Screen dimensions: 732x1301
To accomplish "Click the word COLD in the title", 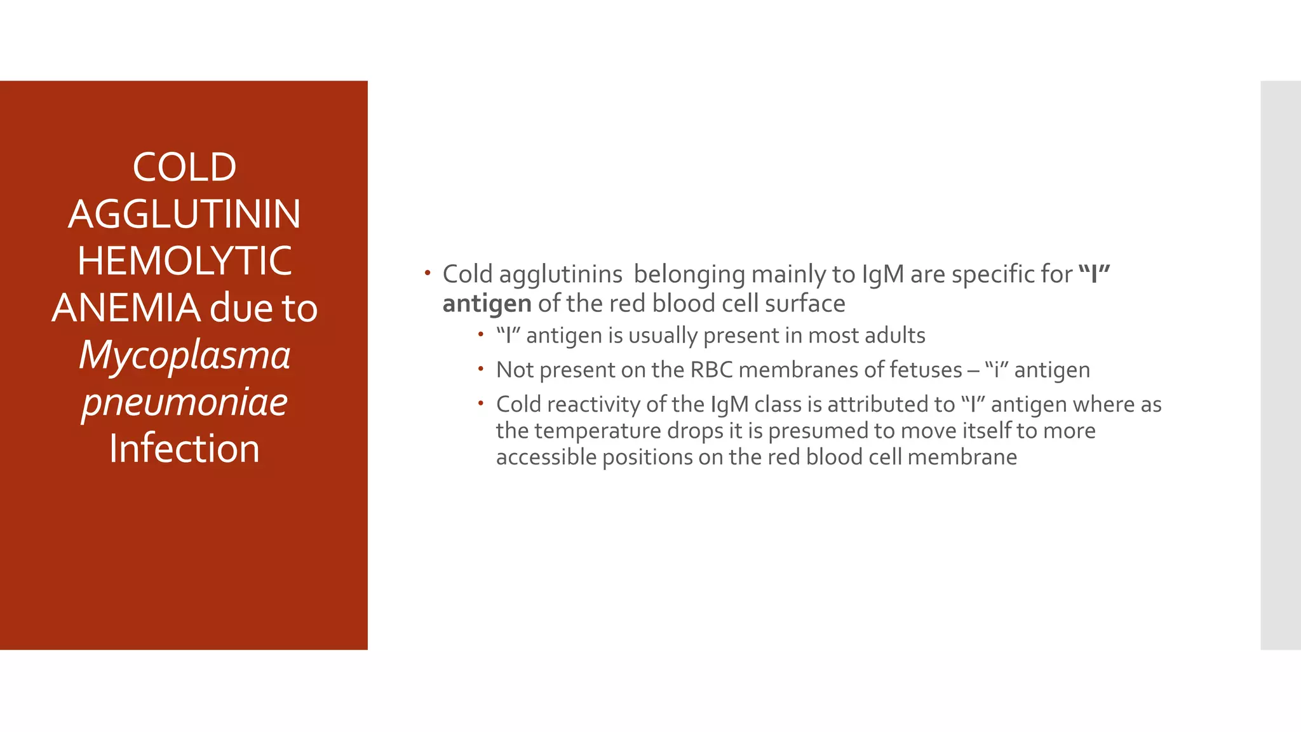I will coord(184,168).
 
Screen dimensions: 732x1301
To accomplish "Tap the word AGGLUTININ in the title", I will coord(184,214).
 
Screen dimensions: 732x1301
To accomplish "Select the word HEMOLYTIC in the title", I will coord(184,261).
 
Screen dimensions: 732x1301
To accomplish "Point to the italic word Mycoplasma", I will coord(184,355).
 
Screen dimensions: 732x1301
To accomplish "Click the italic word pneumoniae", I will coord(184,402).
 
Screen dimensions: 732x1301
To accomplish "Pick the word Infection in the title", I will coord(184,449).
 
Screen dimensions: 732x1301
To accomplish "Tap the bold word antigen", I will coord(487,304).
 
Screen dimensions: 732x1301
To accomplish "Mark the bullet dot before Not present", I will coord(482,369).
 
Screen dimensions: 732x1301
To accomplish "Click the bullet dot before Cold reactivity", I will coord(482,403).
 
